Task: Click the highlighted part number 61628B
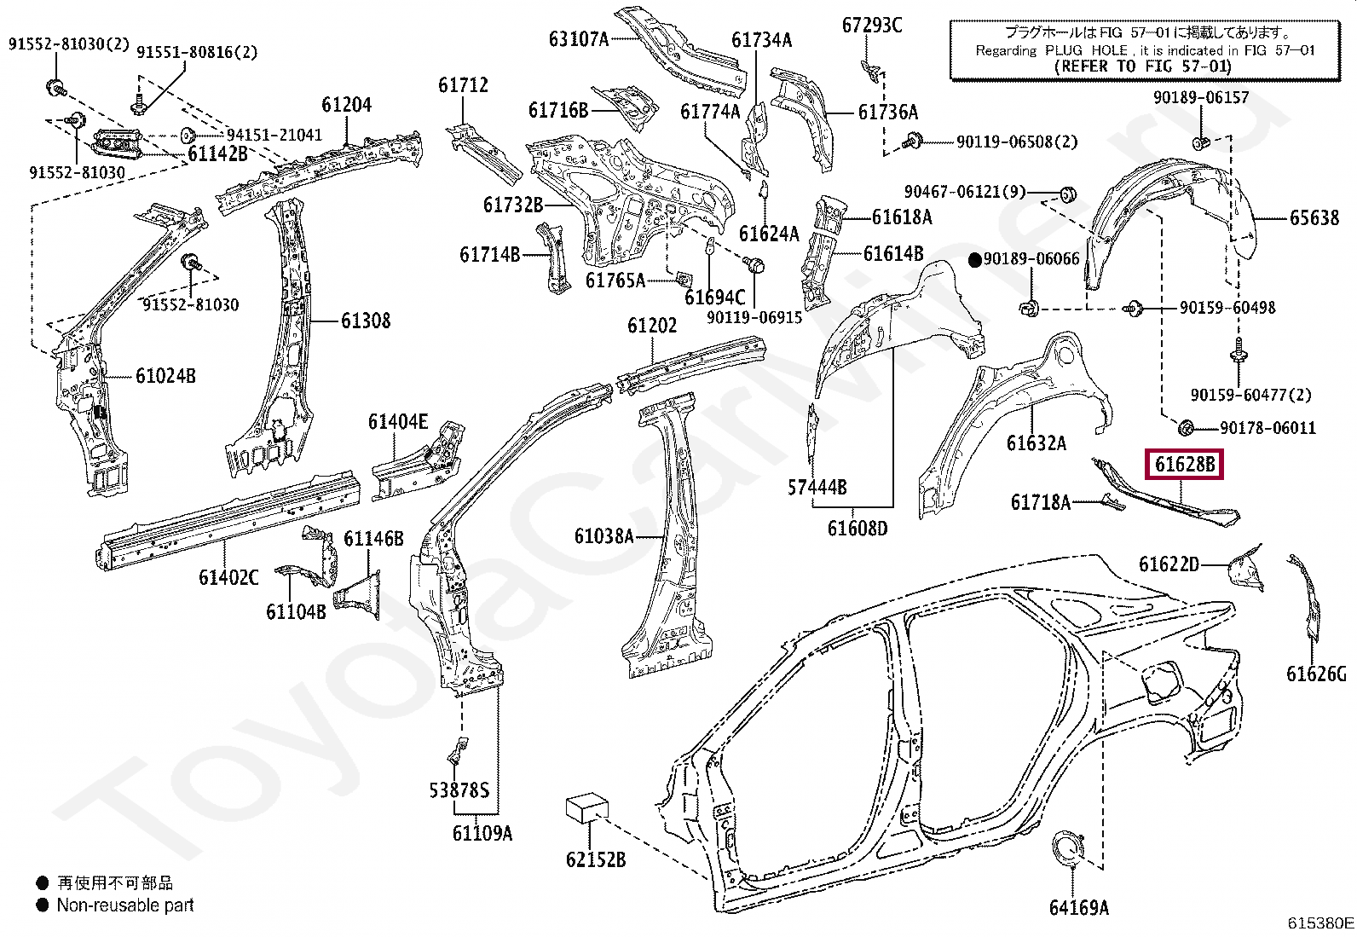[1184, 465]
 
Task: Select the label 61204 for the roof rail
[346, 105]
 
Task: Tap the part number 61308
[366, 321]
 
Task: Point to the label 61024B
[165, 375]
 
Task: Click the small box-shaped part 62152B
[586, 807]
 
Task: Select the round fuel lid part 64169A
[1065, 853]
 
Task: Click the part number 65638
[1314, 218]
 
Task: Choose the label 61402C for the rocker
[228, 577]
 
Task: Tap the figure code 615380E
[1319, 923]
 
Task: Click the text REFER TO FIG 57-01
[1142, 66]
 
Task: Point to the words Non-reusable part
[125, 905]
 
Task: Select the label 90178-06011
[1267, 428]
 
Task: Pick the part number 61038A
[603, 536]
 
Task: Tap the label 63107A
[579, 38]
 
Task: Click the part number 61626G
[1316, 674]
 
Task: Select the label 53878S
[459, 790]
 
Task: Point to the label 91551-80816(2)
[197, 52]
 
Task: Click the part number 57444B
[817, 487]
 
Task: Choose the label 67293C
[871, 26]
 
